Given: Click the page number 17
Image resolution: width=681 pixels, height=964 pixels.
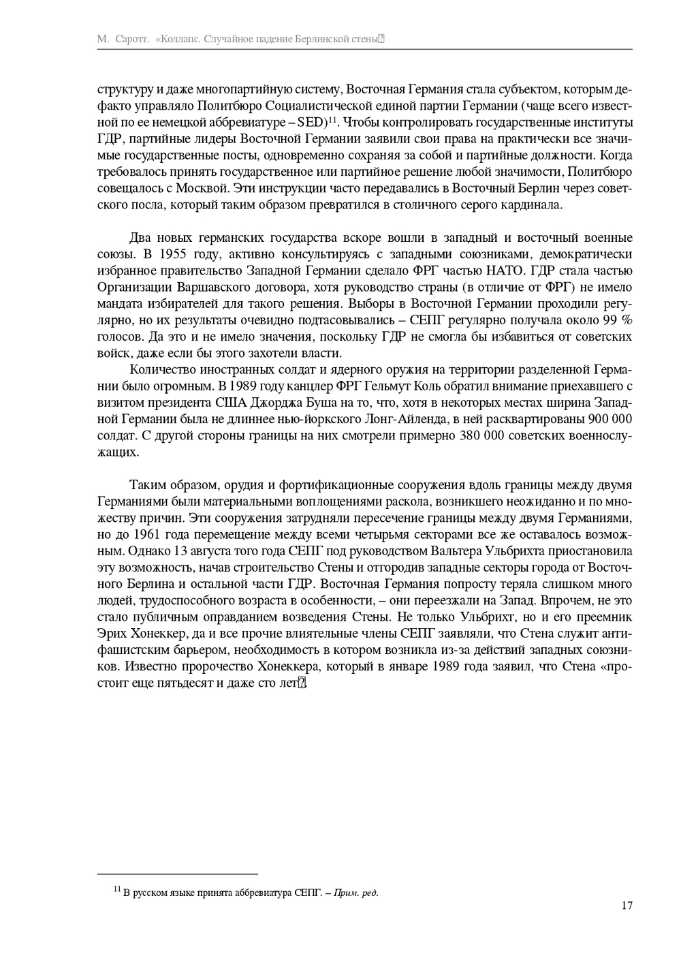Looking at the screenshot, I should coord(627,905).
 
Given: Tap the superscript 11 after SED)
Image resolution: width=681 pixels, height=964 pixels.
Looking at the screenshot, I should coord(333,120).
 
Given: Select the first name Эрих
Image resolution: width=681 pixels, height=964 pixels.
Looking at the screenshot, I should coord(112,633).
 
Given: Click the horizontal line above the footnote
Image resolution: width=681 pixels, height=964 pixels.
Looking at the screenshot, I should coord(178,874).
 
